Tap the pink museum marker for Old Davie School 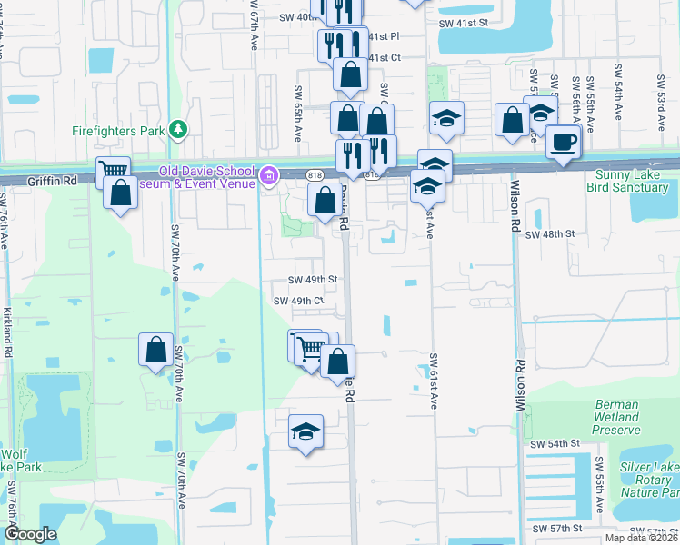[x=269, y=175]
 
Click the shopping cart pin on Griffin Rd [x=113, y=171]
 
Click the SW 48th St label [x=551, y=234]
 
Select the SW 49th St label [x=313, y=280]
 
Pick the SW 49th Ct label [x=299, y=301]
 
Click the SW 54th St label [x=555, y=443]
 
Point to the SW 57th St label [x=556, y=528]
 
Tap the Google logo [x=30, y=534]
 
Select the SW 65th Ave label [x=297, y=114]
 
